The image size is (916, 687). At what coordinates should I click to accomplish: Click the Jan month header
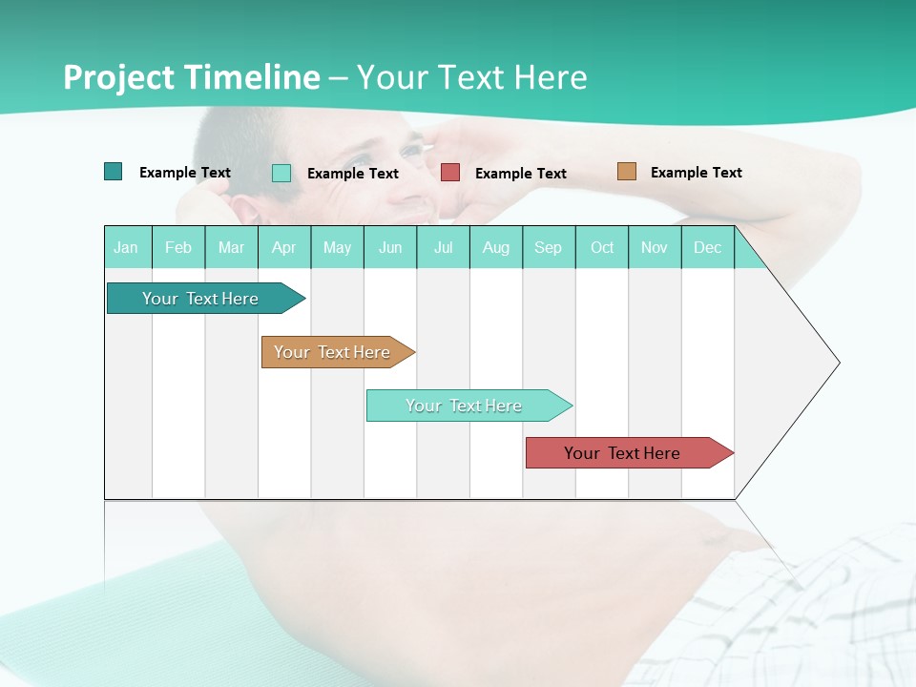(127, 247)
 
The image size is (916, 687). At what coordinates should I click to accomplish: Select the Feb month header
(178, 247)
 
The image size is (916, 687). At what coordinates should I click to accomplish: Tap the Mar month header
(231, 247)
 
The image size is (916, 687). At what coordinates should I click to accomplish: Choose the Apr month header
(284, 247)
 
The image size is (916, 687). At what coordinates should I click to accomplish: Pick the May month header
(337, 247)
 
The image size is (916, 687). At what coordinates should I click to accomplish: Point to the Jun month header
(390, 247)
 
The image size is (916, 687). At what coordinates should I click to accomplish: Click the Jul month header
(444, 247)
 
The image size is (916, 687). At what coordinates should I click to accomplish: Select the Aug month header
(496, 247)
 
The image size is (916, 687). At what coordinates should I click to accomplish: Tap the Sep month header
(549, 247)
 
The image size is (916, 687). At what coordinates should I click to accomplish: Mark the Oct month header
(602, 247)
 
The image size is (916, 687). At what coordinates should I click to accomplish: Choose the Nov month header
(655, 247)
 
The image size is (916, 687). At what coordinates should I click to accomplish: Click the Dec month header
(708, 247)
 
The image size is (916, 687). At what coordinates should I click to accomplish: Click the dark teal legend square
(114, 172)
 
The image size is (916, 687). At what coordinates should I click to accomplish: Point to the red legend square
(450, 173)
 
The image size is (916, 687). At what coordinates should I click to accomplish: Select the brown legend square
(626, 172)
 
